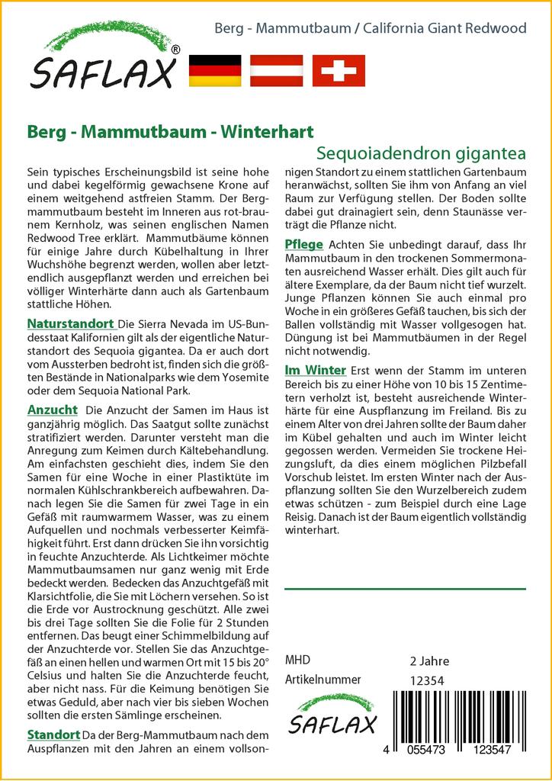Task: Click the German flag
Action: pos(214,70)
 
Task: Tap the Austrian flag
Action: pos(277,70)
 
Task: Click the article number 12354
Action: pos(426,680)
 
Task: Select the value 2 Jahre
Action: pos(429,660)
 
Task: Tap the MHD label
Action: pos(297,660)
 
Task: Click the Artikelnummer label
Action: pos(323,680)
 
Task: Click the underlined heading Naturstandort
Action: pos(71,323)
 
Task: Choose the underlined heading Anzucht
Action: pos(52,410)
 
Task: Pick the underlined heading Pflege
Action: pos(303,244)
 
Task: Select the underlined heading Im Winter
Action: pos(315,370)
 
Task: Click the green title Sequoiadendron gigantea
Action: pos(421,152)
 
